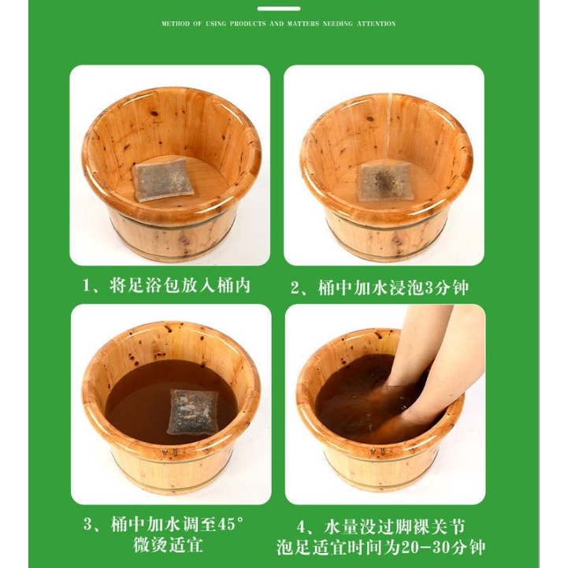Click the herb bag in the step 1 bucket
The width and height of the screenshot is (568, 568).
(x=163, y=180)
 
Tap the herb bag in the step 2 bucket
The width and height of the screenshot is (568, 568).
(x=381, y=182)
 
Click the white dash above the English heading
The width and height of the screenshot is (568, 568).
(x=279, y=9)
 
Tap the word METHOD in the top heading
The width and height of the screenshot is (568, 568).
(x=176, y=24)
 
